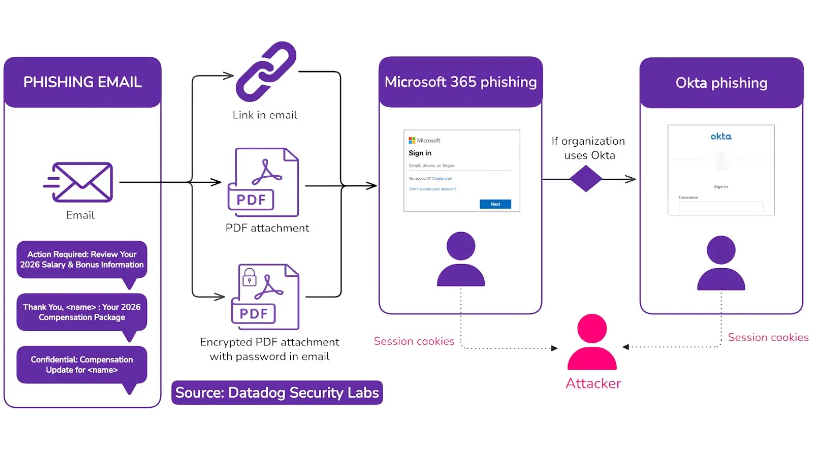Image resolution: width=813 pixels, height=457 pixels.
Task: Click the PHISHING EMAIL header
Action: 82,82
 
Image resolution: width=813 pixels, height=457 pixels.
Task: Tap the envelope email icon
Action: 81,182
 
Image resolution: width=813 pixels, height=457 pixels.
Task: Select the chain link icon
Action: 266,71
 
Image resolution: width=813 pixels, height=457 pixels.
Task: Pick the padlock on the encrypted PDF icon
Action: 249,278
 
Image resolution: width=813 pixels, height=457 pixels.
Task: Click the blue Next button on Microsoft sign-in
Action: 495,204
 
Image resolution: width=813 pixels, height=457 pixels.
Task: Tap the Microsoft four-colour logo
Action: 412,140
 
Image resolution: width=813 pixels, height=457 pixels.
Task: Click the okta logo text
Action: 721,136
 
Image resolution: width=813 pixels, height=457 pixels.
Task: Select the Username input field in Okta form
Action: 721,207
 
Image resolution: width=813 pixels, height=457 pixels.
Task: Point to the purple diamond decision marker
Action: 586,179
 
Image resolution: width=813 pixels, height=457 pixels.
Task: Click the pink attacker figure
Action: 592,343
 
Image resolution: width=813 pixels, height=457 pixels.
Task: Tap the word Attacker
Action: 593,383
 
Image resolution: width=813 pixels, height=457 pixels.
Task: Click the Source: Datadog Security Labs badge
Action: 277,393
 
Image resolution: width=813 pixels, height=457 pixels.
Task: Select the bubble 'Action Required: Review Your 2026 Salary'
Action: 82,259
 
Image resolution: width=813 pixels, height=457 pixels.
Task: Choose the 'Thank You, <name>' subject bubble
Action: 82,312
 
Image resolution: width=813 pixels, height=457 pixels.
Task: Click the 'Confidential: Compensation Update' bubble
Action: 82,365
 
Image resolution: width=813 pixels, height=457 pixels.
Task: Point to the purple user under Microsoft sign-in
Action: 461,259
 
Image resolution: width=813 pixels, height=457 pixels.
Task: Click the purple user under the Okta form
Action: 721,264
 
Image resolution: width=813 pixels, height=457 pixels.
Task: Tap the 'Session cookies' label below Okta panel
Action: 768,337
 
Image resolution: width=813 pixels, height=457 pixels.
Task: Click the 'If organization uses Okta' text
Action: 588,148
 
